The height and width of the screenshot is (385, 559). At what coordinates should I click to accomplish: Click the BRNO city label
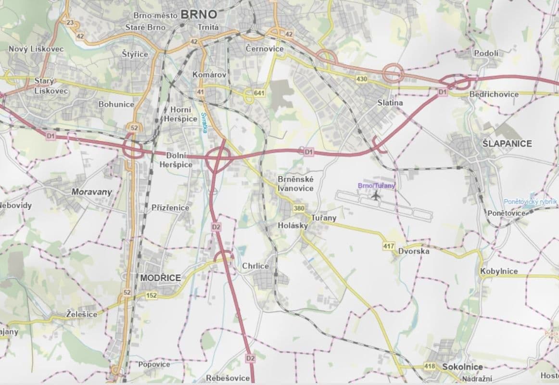(199, 13)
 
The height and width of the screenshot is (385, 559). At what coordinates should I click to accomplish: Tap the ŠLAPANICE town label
(507, 143)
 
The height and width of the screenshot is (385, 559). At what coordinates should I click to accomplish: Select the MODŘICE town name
(160, 278)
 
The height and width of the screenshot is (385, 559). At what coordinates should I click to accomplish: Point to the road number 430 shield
(362, 78)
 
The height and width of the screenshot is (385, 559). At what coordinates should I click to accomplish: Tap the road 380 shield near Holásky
(299, 208)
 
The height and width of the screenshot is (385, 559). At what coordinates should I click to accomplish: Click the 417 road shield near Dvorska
(389, 246)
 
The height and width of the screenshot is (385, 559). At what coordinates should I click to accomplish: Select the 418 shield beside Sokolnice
(430, 367)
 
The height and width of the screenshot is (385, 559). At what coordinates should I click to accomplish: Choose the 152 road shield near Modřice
(152, 295)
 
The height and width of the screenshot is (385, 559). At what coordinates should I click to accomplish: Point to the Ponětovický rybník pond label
(530, 202)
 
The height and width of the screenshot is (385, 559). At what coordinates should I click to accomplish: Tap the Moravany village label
(91, 192)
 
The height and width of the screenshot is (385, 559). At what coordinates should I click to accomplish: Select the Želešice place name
(81, 314)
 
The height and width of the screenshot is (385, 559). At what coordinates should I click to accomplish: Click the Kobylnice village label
(499, 271)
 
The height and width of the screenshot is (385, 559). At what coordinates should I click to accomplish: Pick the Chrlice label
(255, 266)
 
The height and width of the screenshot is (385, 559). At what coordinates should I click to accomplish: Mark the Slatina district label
(390, 103)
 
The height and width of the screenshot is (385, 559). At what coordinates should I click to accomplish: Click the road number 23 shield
(70, 23)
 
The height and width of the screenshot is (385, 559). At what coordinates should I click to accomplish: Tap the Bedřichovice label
(494, 94)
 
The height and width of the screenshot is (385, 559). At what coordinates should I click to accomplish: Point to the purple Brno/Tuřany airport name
(377, 185)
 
